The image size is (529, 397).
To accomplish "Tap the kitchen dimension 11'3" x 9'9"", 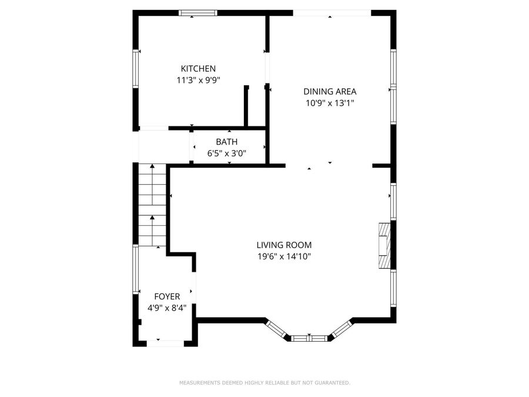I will pos(198,81).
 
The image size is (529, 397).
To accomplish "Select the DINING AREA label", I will pos(330,91).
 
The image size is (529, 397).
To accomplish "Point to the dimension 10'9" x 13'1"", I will pos(330,103).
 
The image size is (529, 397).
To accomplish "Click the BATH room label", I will pos(226,142).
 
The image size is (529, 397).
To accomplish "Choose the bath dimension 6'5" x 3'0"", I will pos(226,154).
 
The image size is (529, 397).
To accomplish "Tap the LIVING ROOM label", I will pos(284,245).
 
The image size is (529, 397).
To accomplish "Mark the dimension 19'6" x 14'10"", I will pos(284,256).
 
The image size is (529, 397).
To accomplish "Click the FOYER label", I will pos(167,296).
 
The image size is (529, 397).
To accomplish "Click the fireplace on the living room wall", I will pos(384,246).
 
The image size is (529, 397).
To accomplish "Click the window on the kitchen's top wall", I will pos(198,13).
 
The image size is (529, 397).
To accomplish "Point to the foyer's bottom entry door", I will pos(165,343).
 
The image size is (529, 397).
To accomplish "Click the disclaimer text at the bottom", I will pos(264,383).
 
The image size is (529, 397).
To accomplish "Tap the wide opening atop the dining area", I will pos(332,13).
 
